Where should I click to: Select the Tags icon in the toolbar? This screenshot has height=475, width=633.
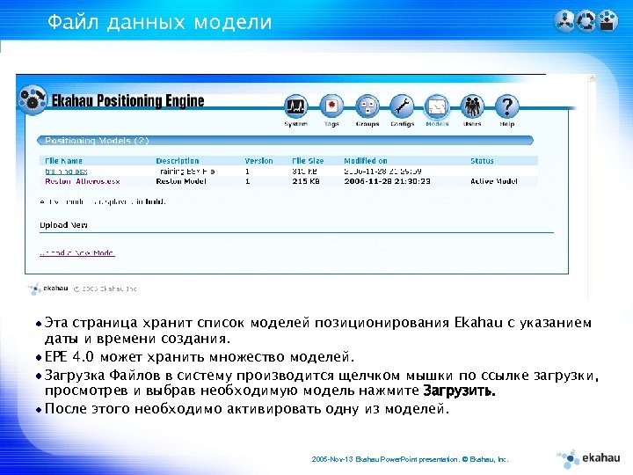coord(331,107)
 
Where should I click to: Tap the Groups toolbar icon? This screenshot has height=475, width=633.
coord(367,107)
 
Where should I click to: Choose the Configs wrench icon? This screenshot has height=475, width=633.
coord(402,107)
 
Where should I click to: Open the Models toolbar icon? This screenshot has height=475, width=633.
coord(437,107)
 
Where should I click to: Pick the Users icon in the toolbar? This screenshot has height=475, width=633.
coord(472,107)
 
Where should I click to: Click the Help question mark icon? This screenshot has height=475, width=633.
coord(506,107)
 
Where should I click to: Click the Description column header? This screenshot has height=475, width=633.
coord(178,161)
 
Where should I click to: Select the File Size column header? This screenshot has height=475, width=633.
coord(309,161)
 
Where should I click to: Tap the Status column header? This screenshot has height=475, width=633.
coord(482,161)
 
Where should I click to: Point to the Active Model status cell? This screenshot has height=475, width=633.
coord(495,181)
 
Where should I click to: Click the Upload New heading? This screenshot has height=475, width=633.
coord(63,225)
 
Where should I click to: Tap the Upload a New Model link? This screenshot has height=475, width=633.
coord(77,252)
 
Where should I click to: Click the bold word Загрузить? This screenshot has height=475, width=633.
coord(459,391)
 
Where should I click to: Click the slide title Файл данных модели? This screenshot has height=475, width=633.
coord(160,22)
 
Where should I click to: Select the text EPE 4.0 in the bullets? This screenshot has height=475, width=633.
coord(69,357)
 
